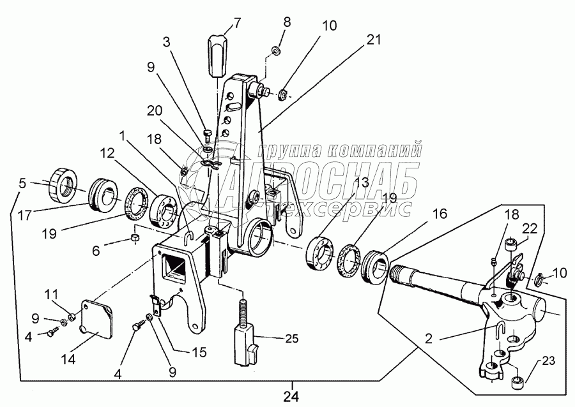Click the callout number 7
(x=237, y=24)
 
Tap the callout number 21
(x=374, y=40)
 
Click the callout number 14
(x=68, y=360)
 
